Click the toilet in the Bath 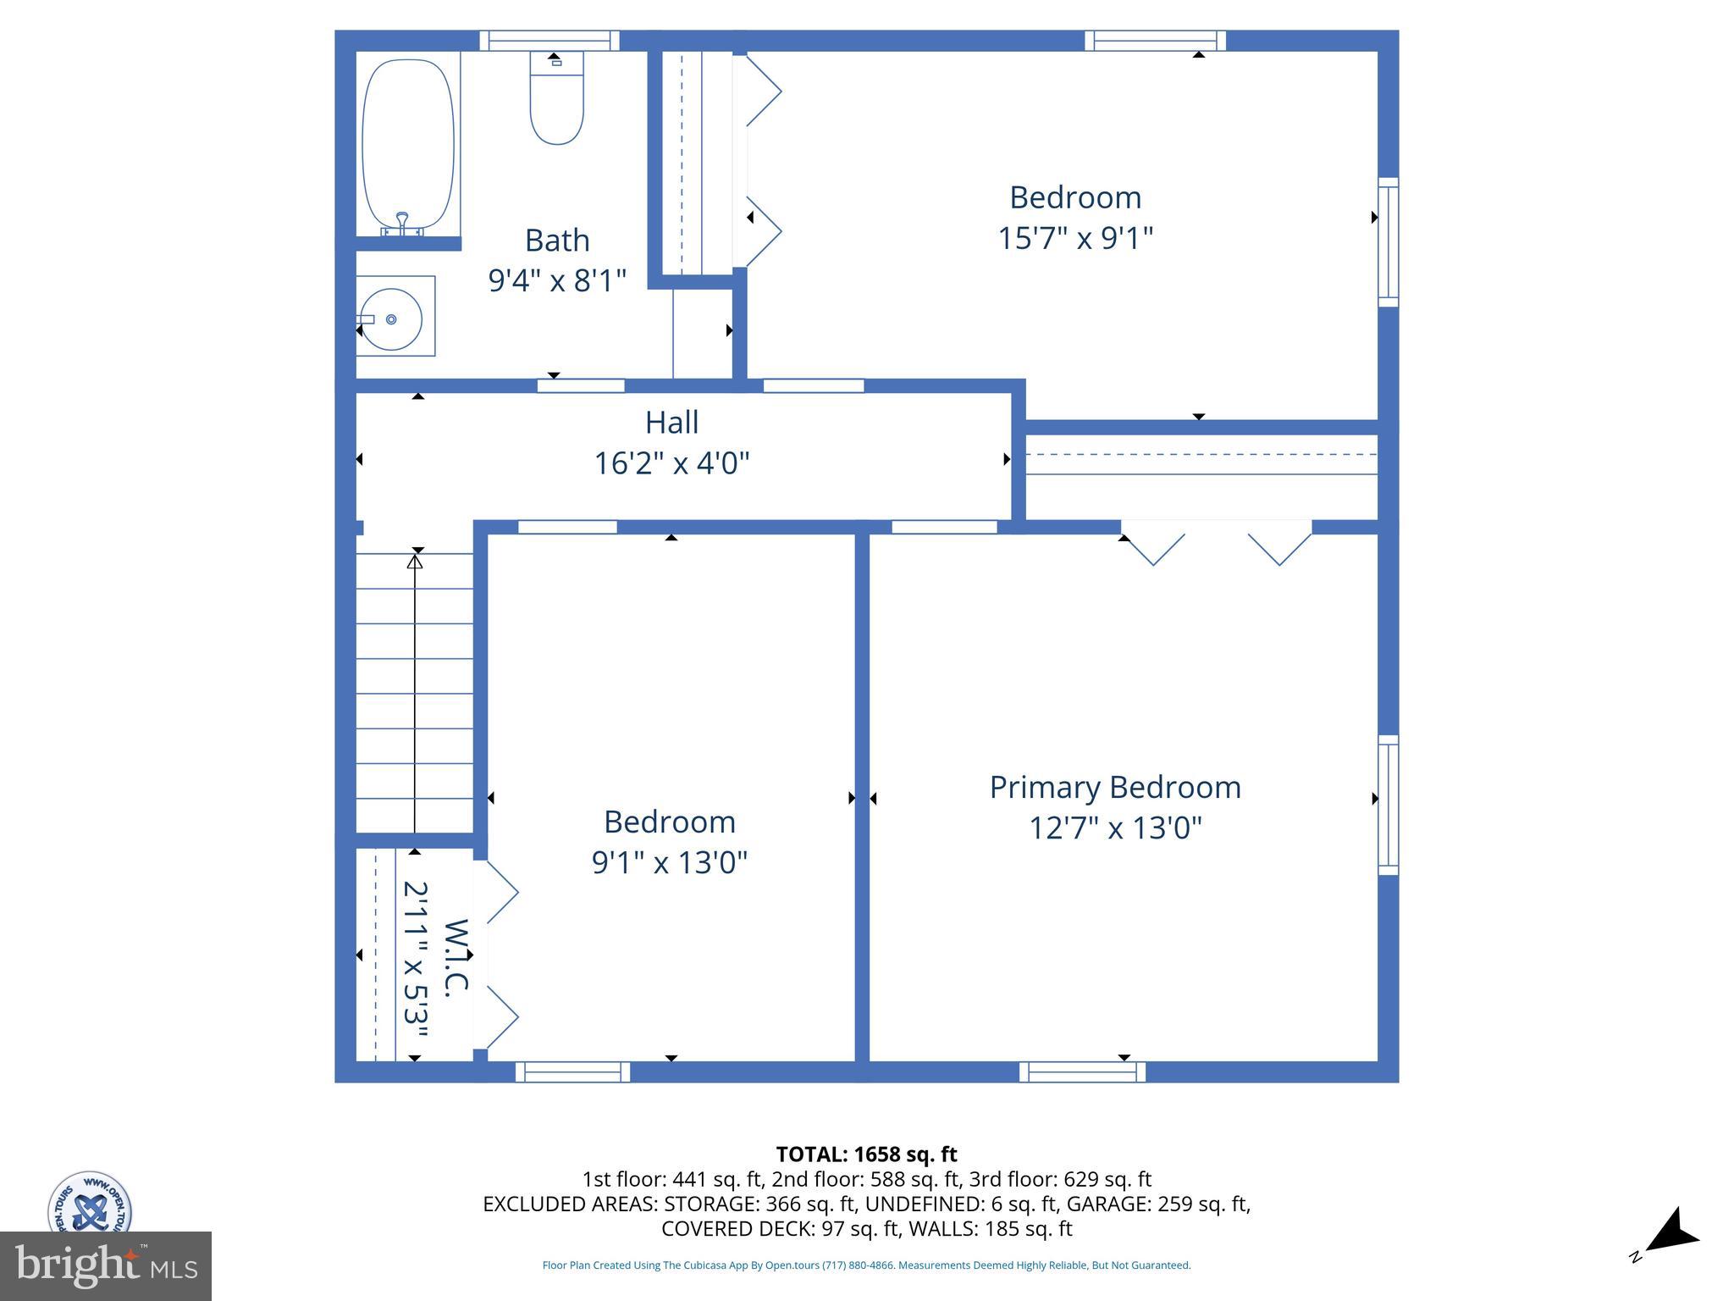click(556, 100)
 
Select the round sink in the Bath click(390, 319)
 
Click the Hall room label click(671, 422)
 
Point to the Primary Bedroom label click(1115, 787)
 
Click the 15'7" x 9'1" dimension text click(1075, 238)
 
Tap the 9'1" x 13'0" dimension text click(669, 862)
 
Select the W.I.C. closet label click(456, 958)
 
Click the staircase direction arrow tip click(415, 559)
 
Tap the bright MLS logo click(106, 1265)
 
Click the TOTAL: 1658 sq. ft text click(866, 1154)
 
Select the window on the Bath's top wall click(549, 41)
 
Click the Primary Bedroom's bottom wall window click(1082, 1071)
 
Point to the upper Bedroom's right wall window click(1388, 241)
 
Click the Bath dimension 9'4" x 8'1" click(557, 280)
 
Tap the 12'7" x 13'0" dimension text click(1115, 828)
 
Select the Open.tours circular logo click(89, 1203)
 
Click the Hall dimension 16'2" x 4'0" click(671, 463)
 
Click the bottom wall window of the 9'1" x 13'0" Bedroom click(572, 1071)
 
